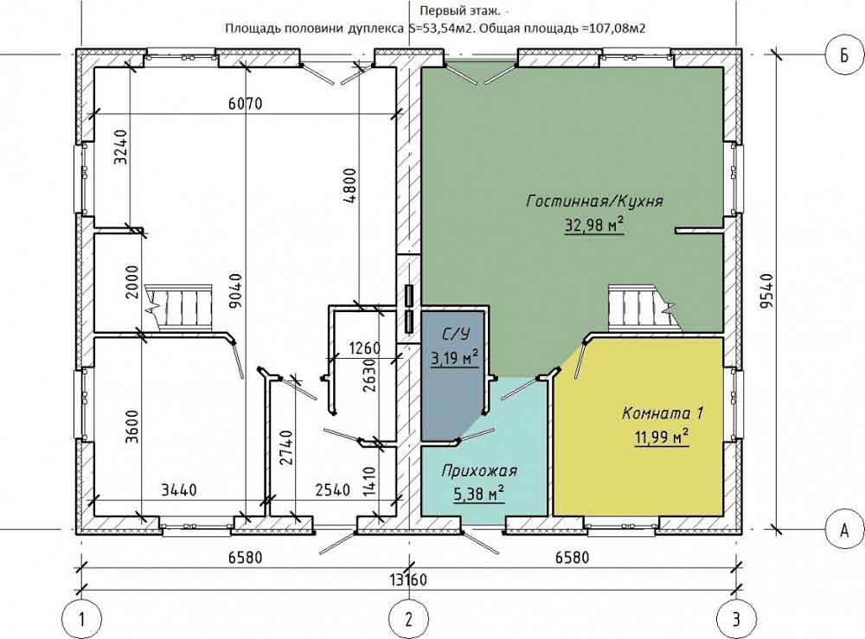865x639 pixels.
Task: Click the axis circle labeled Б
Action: click(x=844, y=55)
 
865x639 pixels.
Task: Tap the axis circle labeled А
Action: click(x=844, y=530)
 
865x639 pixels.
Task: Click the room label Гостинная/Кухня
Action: click(x=594, y=201)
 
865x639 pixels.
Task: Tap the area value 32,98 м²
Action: click(x=594, y=225)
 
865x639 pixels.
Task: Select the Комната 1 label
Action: click(x=663, y=413)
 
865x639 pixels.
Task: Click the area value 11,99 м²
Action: click(x=662, y=438)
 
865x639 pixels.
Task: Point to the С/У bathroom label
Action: click(x=455, y=334)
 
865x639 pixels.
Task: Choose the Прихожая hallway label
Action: click(x=479, y=471)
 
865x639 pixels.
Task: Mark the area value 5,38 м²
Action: click(x=479, y=495)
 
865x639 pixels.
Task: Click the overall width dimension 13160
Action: click(x=408, y=580)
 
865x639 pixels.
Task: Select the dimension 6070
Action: click(x=246, y=103)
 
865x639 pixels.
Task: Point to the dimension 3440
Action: click(x=179, y=489)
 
